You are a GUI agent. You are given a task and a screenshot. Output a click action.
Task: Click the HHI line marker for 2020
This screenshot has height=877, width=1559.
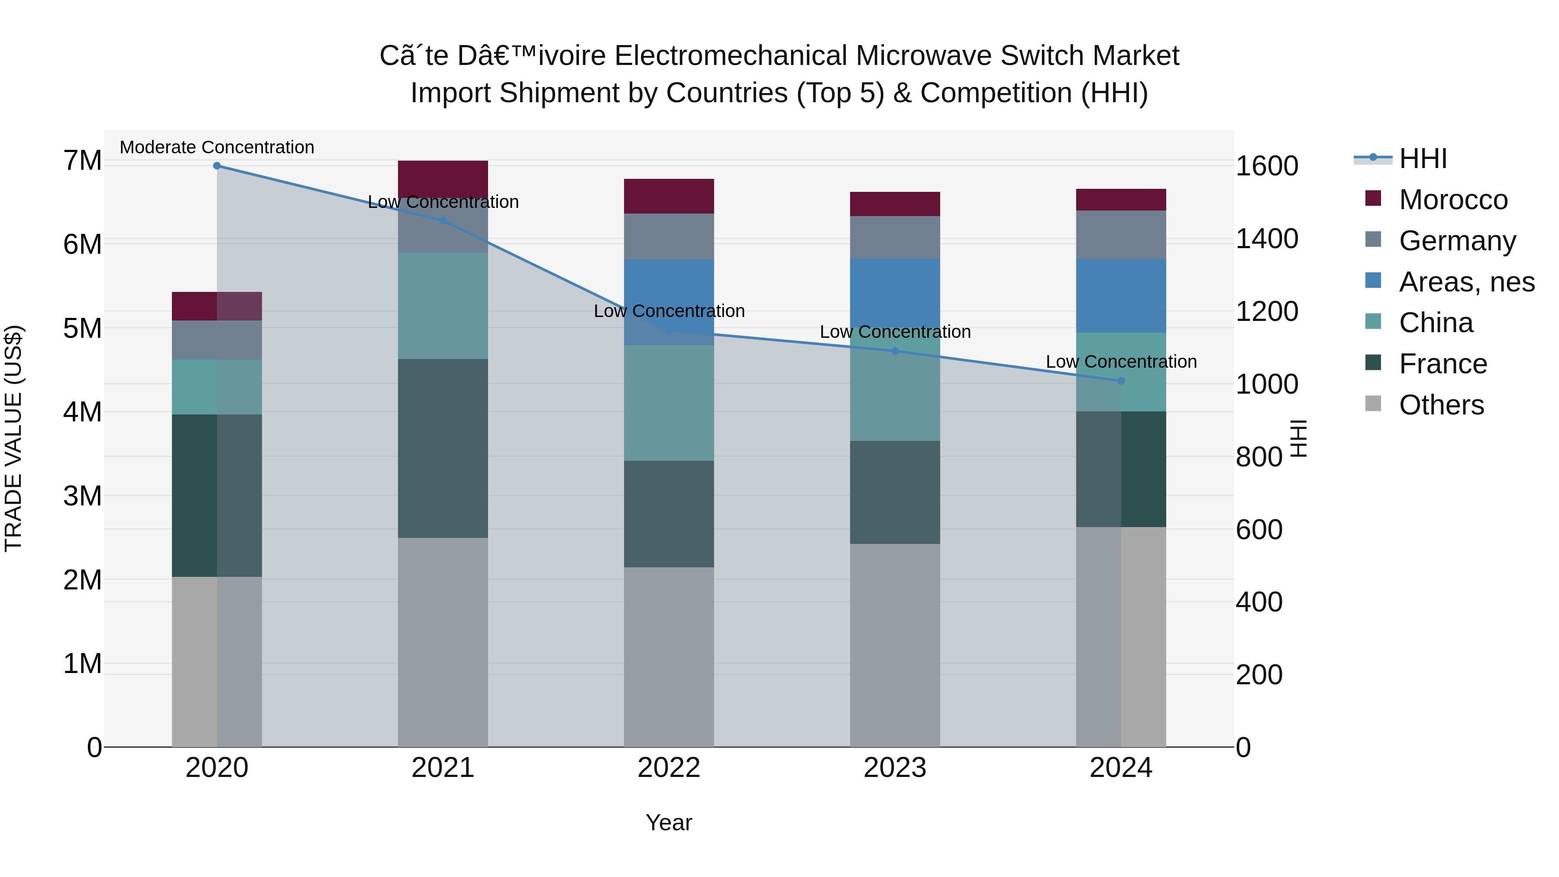click(217, 166)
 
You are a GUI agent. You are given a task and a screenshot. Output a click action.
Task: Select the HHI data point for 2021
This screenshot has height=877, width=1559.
click(443, 221)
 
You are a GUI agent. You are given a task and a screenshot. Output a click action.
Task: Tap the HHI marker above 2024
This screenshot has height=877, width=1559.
click(1121, 381)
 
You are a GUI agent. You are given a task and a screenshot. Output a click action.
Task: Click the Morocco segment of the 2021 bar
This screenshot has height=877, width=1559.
click(443, 177)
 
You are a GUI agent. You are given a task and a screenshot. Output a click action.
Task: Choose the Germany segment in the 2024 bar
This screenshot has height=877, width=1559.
click(1121, 235)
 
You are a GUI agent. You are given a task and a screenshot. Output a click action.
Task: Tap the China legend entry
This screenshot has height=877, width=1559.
click(1436, 323)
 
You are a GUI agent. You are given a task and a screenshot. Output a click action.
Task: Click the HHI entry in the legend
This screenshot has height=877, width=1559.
click(1422, 159)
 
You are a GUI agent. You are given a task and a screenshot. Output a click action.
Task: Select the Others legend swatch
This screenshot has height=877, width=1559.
click(1373, 404)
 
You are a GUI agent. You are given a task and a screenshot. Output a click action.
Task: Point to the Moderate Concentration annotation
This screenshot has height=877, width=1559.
click(217, 147)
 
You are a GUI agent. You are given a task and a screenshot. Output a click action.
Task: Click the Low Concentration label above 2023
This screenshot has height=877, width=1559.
click(895, 332)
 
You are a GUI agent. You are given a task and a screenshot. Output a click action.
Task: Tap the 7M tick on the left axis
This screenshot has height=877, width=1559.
click(82, 161)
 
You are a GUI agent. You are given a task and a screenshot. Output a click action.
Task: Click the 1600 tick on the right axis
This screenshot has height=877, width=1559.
click(1266, 166)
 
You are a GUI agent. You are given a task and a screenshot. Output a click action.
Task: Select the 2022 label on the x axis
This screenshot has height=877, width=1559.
click(669, 768)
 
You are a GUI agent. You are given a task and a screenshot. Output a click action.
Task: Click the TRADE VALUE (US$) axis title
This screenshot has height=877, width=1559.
click(13, 438)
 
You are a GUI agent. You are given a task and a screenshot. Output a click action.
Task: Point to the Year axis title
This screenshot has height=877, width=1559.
click(669, 822)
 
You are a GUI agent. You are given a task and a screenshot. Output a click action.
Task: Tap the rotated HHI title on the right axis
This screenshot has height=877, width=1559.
click(1299, 438)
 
